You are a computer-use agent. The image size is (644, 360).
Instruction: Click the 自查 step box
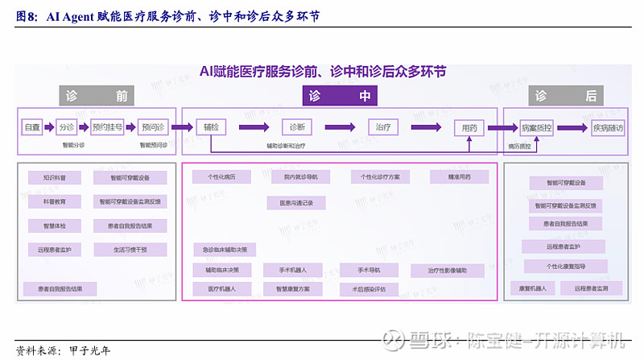point(32,127)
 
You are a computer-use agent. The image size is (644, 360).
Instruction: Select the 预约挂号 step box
point(107,127)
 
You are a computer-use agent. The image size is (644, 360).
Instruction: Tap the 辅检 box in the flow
point(212,127)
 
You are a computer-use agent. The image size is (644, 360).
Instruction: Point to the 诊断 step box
point(295,127)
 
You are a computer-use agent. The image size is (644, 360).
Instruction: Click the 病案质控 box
point(536,127)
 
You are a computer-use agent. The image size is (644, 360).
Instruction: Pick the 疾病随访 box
point(608,127)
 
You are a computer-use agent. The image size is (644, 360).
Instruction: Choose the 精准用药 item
point(458,176)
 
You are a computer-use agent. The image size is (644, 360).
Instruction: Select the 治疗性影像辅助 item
point(447,271)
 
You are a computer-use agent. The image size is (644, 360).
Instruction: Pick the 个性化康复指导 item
point(565,267)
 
